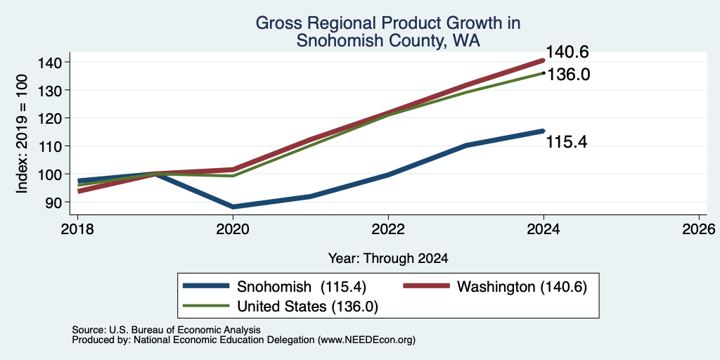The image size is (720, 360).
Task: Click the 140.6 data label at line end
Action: (567, 52)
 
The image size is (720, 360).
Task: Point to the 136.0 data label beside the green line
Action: (568, 75)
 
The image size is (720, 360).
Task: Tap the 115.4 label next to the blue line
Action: (567, 142)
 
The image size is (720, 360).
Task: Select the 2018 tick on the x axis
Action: (77, 229)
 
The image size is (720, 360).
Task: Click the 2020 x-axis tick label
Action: (233, 229)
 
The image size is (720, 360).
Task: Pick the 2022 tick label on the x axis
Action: (388, 229)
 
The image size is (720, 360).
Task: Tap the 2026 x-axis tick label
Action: (699, 229)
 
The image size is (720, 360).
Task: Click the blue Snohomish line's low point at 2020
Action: (233, 207)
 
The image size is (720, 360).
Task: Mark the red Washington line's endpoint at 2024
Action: (544, 60)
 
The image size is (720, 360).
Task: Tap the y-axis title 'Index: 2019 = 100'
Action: (22, 134)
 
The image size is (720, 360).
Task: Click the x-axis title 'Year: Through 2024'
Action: (388, 259)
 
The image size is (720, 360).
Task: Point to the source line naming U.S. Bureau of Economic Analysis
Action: (166, 330)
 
